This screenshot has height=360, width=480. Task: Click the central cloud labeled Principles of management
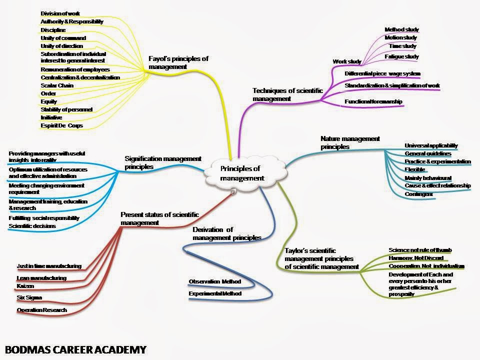pyautogui.click(x=242, y=173)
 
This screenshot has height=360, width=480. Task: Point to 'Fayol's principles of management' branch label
pyautogui.click(x=178, y=62)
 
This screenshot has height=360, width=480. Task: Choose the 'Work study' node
pyautogui.click(x=347, y=62)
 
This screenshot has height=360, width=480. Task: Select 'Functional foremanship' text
pyautogui.click(x=373, y=102)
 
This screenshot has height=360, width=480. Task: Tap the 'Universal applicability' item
pyautogui.click(x=431, y=145)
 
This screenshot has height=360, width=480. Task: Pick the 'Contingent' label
pyautogui.click(x=419, y=194)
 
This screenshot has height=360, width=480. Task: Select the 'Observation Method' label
pyautogui.click(x=214, y=281)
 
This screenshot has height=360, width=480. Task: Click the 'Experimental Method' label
pyautogui.click(x=215, y=293)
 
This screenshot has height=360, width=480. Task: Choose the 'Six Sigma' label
pyautogui.click(x=29, y=297)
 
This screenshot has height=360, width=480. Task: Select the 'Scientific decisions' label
pyautogui.click(x=32, y=226)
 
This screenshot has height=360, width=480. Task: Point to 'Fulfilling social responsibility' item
pyautogui.click(x=44, y=218)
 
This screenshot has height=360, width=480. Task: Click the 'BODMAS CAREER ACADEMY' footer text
pyautogui.click(x=75, y=348)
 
